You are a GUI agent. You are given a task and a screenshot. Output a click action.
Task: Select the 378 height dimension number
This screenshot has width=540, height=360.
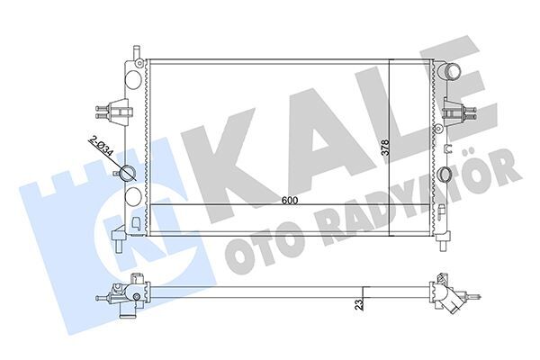(x=384, y=148)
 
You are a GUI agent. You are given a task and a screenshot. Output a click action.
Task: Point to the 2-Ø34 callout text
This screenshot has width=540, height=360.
(x=102, y=147)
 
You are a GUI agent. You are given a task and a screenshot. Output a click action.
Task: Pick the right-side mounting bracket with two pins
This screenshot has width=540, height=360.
(x=458, y=113)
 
